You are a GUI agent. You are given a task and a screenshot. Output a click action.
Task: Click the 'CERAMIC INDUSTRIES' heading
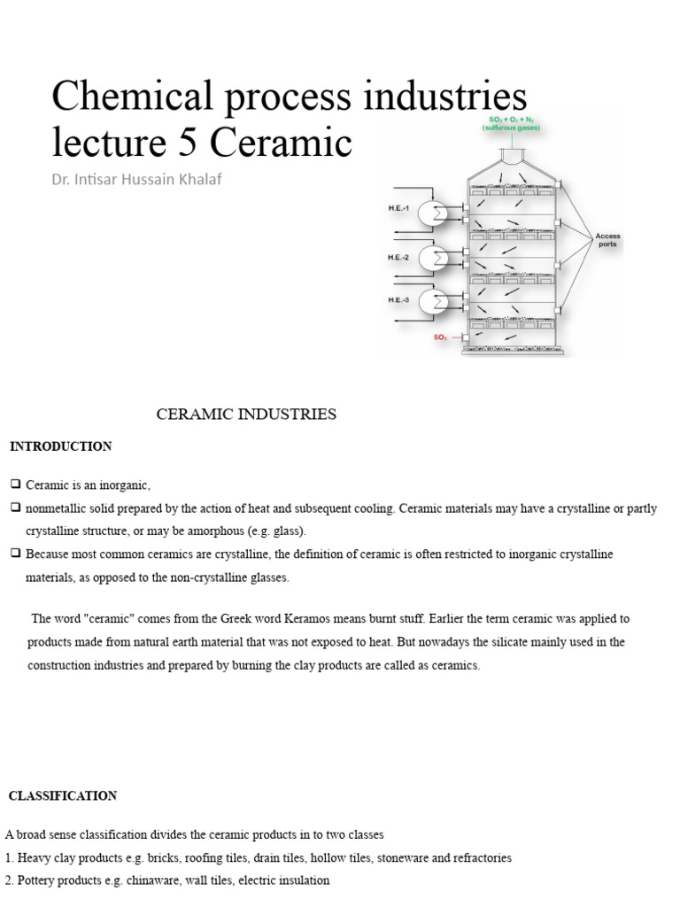click(246, 415)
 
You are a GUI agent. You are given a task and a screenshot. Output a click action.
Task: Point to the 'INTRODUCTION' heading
click(61, 446)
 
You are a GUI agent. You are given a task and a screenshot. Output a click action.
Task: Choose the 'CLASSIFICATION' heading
click(63, 796)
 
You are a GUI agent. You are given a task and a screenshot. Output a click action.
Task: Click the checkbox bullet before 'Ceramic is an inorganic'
click(15, 485)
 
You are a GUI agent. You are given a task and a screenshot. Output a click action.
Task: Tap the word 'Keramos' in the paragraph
click(293, 618)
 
